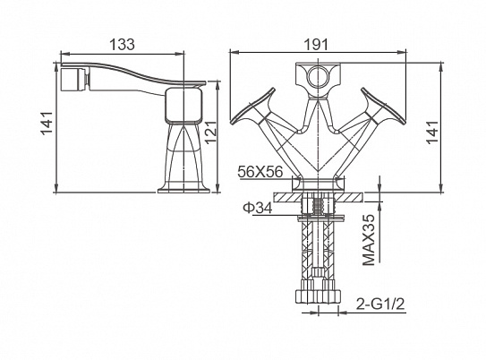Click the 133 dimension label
(x=123, y=45)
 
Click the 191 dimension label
(x=316, y=45)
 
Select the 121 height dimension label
(x=212, y=132)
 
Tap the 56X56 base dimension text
(x=260, y=171)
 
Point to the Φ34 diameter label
(x=258, y=208)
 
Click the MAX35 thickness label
(x=369, y=240)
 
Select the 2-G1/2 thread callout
(x=380, y=304)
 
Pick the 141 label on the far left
(x=47, y=123)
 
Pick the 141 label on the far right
(x=432, y=132)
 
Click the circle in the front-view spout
(x=318, y=77)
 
